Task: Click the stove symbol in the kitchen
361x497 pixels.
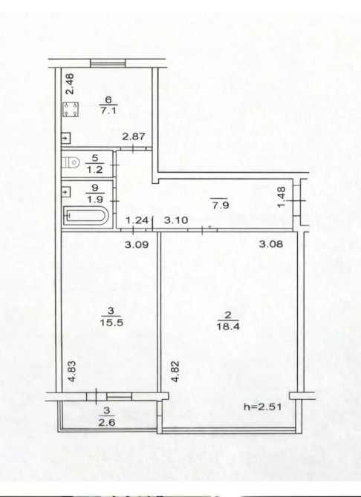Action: (70, 109)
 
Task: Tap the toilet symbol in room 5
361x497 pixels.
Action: (71, 162)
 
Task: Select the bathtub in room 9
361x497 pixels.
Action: (86, 216)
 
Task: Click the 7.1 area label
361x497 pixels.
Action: (108, 111)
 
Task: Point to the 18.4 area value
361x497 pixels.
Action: (227, 326)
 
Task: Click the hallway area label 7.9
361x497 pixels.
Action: (221, 205)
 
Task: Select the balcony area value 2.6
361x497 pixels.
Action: (107, 422)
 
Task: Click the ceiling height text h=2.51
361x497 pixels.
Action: (262, 407)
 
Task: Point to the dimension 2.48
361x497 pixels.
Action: (70, 84)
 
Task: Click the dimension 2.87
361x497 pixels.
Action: (134, 136)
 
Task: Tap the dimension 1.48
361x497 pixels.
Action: (282, 197)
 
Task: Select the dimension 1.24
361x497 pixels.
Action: (137, 220)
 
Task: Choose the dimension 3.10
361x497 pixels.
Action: (176, 220)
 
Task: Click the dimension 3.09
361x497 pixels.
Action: (137, 244)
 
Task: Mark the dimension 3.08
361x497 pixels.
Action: (271, 244)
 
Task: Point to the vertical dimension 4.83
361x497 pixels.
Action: (72, 372)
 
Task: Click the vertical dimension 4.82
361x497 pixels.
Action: (175, 372)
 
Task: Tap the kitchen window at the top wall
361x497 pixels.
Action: (108, 63)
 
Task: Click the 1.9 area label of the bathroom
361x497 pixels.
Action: (94, 200)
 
